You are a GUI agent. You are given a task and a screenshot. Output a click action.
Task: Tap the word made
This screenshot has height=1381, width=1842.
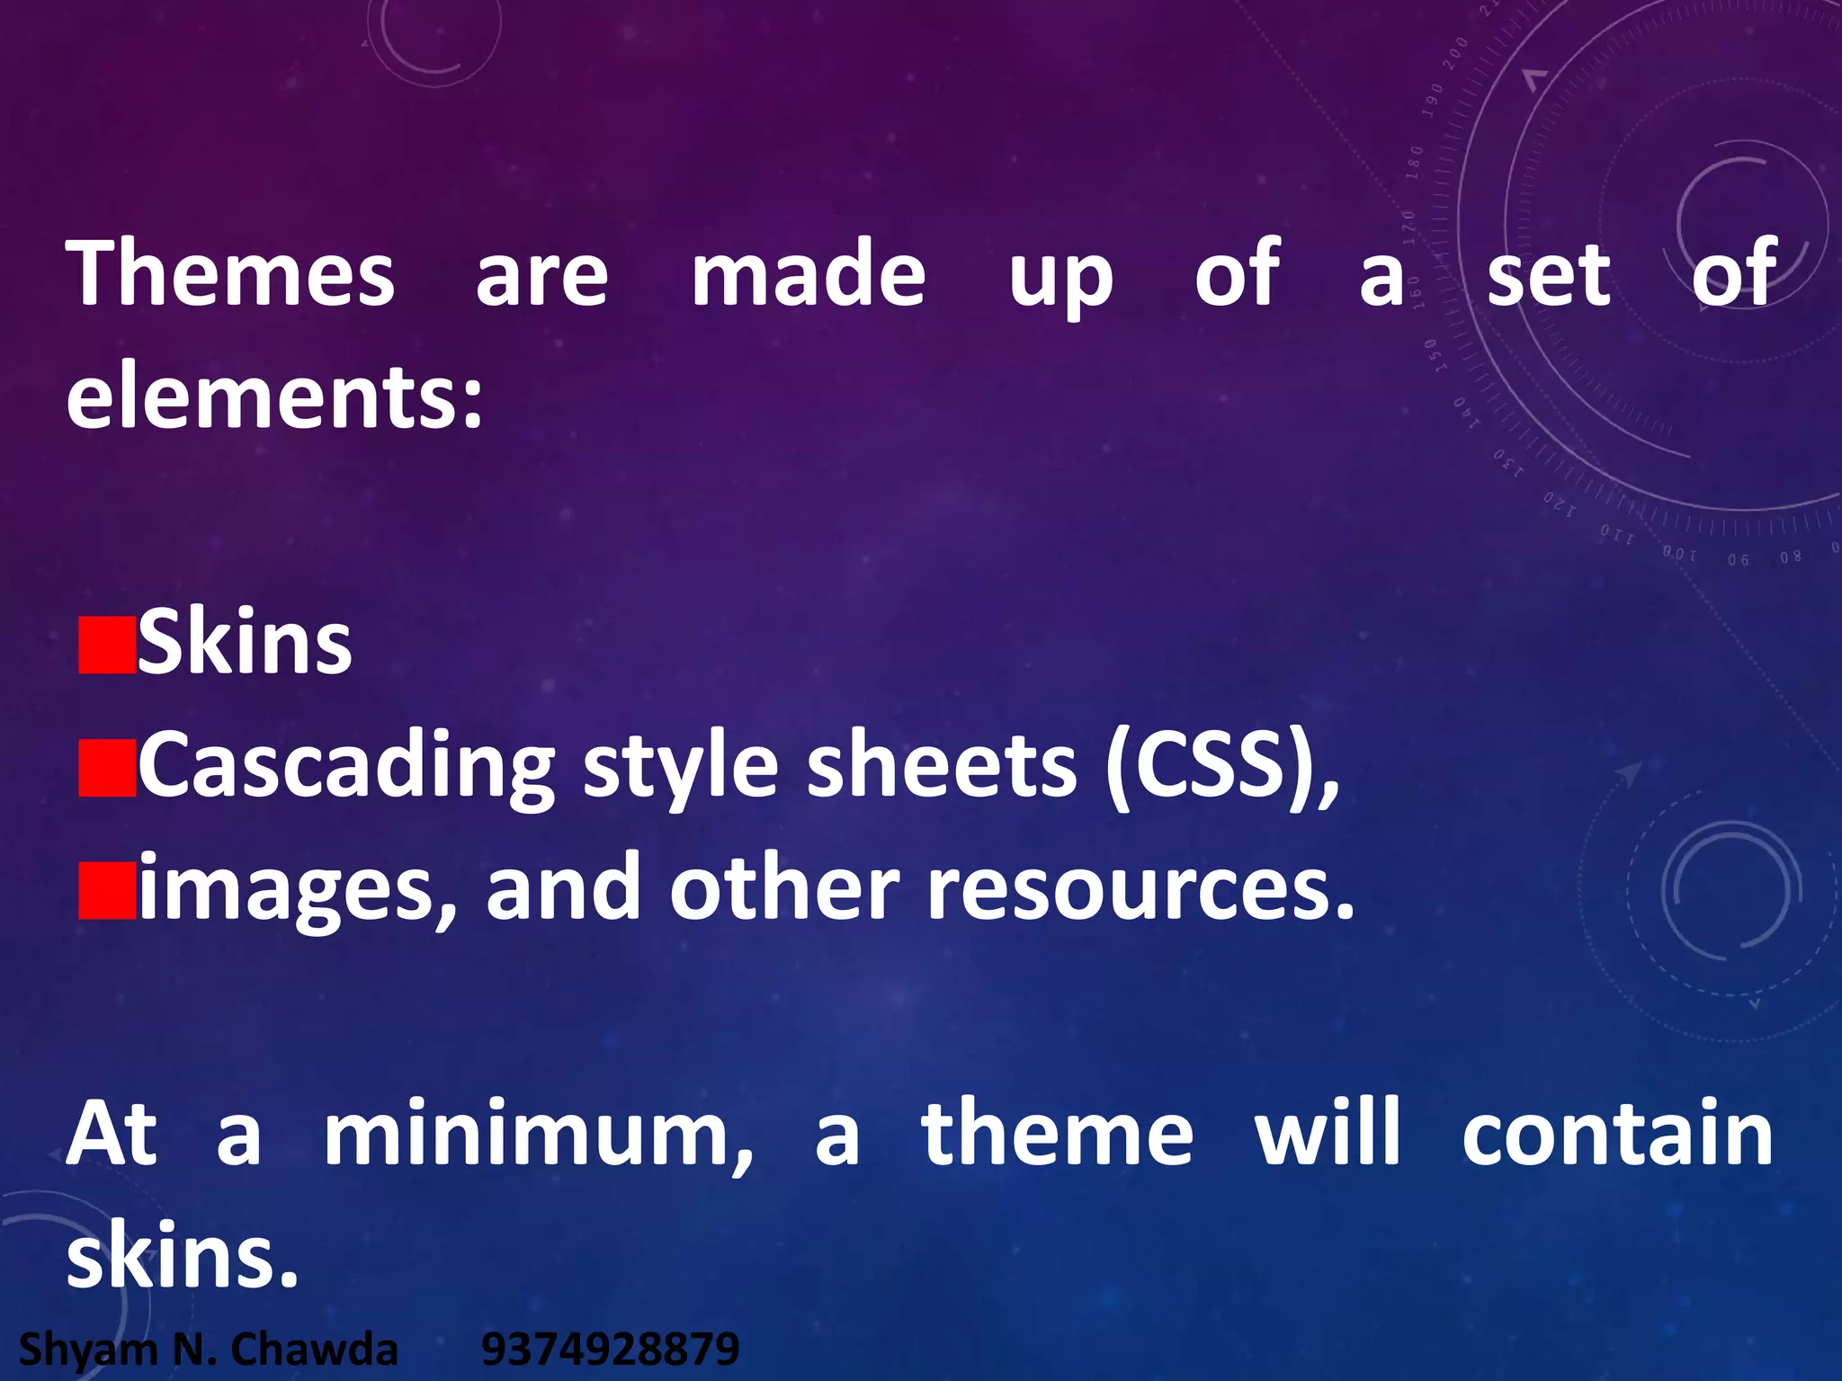pos(808,273)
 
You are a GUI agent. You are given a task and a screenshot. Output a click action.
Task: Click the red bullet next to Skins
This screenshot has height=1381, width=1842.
pos(107,646)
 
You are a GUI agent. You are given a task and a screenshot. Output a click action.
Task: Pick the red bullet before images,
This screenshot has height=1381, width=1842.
pos(107,891)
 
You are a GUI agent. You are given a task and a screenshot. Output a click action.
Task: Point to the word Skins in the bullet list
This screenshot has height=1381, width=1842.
pos(244,644)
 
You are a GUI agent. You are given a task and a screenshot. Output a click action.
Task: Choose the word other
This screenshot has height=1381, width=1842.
pos(783,889)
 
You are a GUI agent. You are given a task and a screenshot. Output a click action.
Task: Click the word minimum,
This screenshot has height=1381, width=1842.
pos(538,1135)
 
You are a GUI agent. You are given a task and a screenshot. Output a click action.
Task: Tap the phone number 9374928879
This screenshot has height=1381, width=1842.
pos(610,1350)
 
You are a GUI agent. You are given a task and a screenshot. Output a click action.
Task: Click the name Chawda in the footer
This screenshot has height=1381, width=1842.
pos(314,1350)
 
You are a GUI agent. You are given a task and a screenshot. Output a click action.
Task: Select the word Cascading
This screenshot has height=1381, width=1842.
pos(346,769)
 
